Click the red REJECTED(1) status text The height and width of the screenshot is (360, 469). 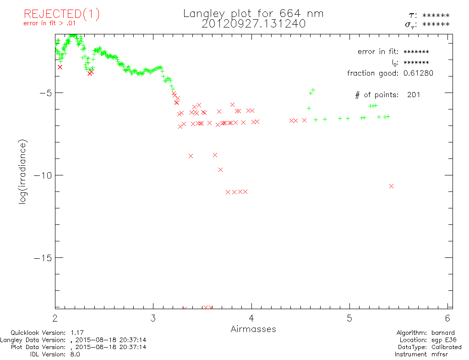61,14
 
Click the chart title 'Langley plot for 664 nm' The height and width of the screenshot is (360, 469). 253,13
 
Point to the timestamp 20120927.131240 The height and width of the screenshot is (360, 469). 253,24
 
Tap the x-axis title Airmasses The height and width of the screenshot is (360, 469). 253,329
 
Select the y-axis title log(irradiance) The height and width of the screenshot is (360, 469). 23,172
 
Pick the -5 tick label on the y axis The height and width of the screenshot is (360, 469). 45,93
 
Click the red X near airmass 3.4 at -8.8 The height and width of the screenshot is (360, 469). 191,156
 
